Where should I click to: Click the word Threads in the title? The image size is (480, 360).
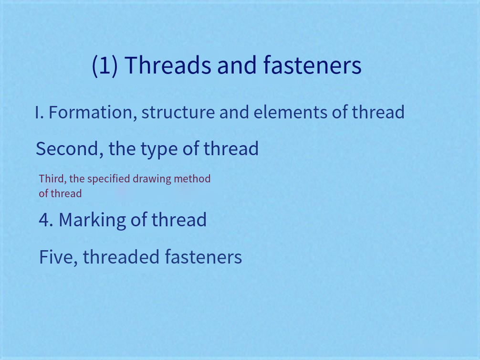pyautogui.click(x=168, y=65)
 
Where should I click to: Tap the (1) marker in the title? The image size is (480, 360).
pyautogui.click(x=104, y=65)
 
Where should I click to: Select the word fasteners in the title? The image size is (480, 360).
pyautogui.click(x=312, y=65)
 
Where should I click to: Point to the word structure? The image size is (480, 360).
pyautogui.click(x=178, y=113)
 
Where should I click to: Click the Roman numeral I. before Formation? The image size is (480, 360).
pyautogui.click(x=39, y=113)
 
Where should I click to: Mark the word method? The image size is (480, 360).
pyautogui.click(x=192, y=179)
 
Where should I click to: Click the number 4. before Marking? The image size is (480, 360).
pyautogui.click(x=46, y=220)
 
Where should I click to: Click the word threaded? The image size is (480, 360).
pyautogui.click(x=121, y=257)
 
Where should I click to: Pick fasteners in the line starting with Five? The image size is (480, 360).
pyautogui.click(x=203, y=257)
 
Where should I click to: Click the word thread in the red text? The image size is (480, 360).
pyautogui.click(x=66, y=194)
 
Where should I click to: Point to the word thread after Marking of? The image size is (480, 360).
pyautogui.click(x=179, y=220)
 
